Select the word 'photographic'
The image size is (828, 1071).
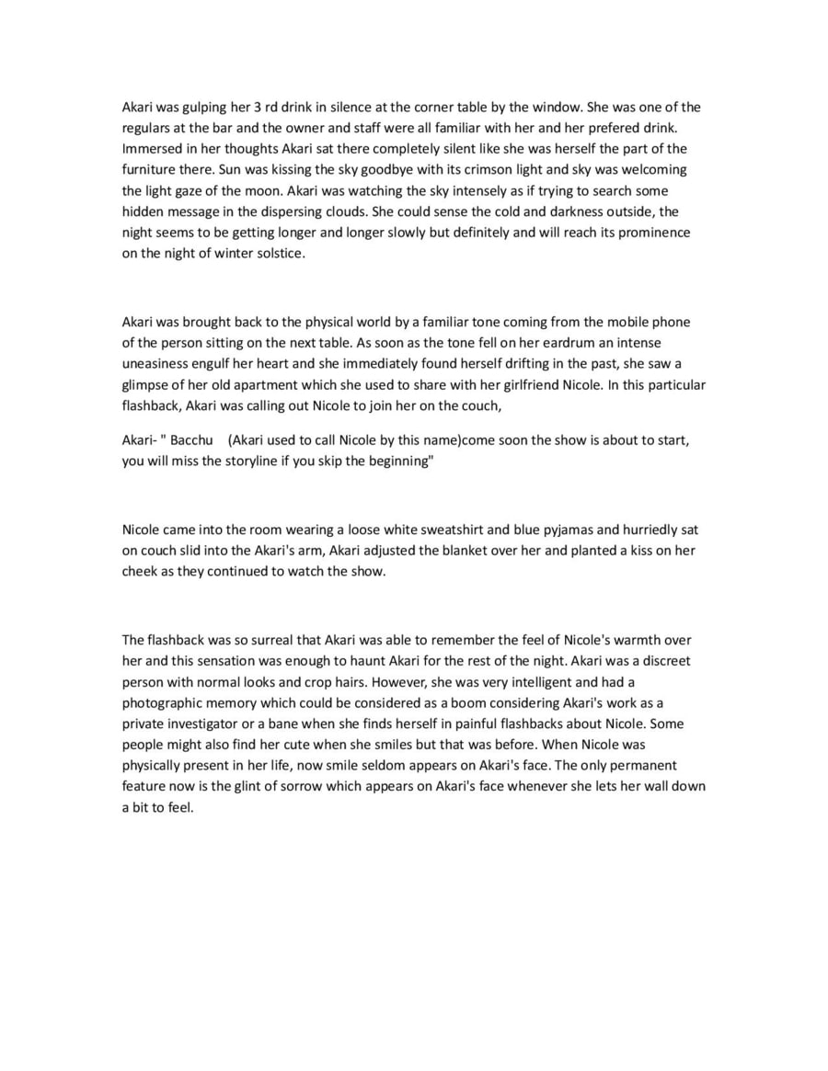point(162,702)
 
